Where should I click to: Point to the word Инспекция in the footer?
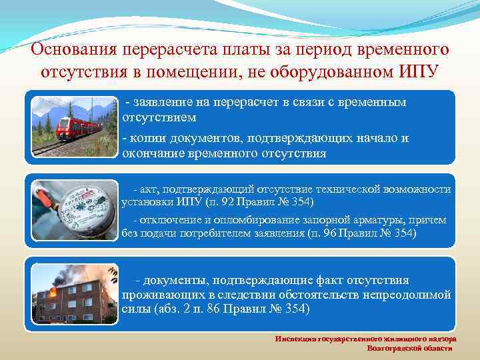coord(293,339)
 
